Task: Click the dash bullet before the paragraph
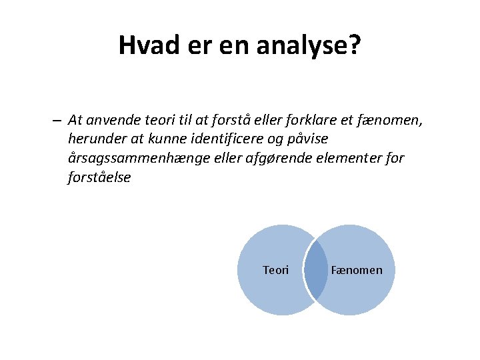click(x=57, y=121)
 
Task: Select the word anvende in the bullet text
click(x=106, y=121)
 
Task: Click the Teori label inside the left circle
click(x=276, y=270)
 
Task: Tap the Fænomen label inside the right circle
click(x=357, y=270)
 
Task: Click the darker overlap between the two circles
click(x=316, y=270)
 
